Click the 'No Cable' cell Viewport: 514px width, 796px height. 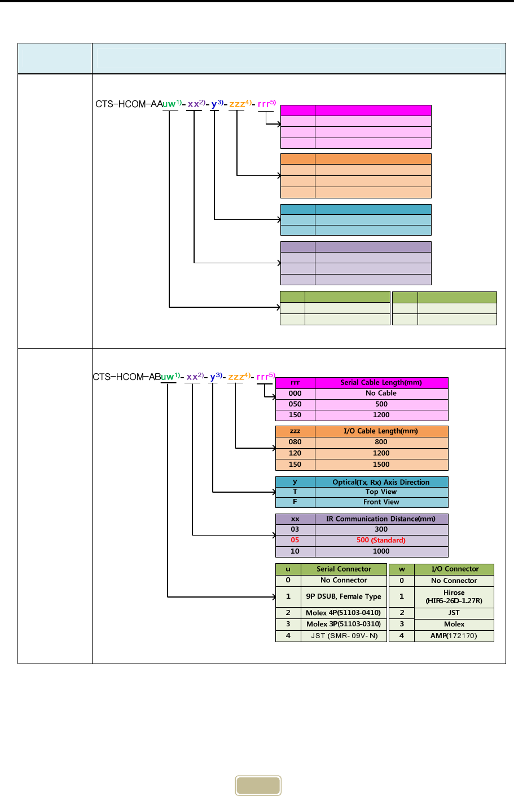(381, 393)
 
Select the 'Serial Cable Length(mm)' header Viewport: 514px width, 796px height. (381, 383)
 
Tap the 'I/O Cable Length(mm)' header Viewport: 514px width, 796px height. (381, 431)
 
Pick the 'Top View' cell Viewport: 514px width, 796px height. (381, 492)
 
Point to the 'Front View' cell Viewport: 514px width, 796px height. (381, 502)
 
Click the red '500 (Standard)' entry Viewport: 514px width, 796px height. (381, 540)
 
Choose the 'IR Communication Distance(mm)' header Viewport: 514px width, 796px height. (381, 519)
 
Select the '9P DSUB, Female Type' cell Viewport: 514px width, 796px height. (344, 596)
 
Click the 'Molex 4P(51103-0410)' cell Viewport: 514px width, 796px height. (344, 613)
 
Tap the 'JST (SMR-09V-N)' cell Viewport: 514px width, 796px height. (344, 636)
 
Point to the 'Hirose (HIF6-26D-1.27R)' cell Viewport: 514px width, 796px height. (454, 596)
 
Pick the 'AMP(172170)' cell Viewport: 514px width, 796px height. (454, 636)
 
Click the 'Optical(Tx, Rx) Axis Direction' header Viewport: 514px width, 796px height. (381, 483)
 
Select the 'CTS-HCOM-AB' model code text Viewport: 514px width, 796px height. (127, 377)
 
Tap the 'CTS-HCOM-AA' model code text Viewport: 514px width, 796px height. (129, 104)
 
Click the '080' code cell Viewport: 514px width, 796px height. (295, 443)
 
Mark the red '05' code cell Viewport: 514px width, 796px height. (295, 540)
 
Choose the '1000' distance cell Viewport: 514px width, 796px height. (381, 551)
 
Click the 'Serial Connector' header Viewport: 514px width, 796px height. (344, 569)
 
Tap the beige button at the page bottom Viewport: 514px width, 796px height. (258, 786)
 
